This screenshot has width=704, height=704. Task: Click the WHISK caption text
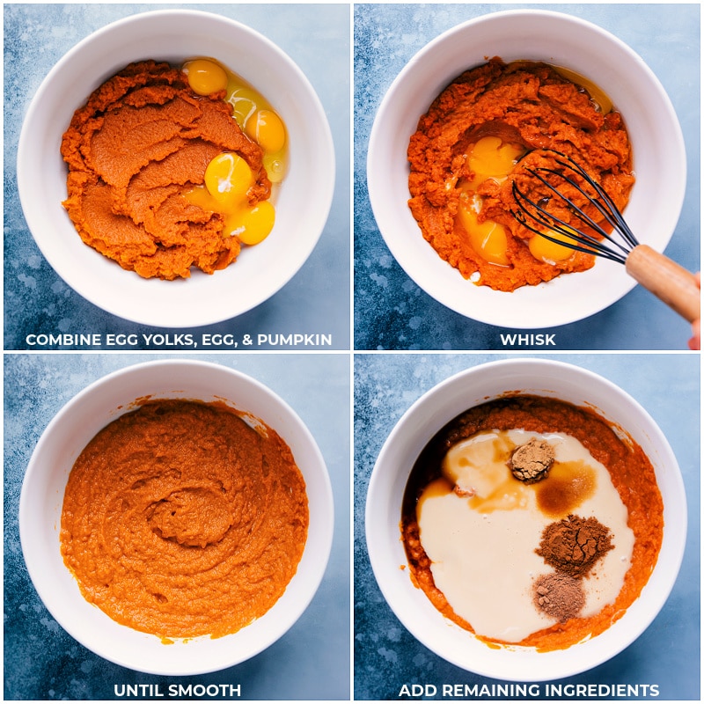527,340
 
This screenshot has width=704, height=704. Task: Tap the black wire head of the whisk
563,207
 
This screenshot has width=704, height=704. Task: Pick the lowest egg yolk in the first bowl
253,223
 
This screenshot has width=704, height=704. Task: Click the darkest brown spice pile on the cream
574,542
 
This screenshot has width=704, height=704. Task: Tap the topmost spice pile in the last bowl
532,460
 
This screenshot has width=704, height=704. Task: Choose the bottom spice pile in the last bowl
559,596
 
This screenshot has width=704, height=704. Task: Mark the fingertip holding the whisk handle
696,330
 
